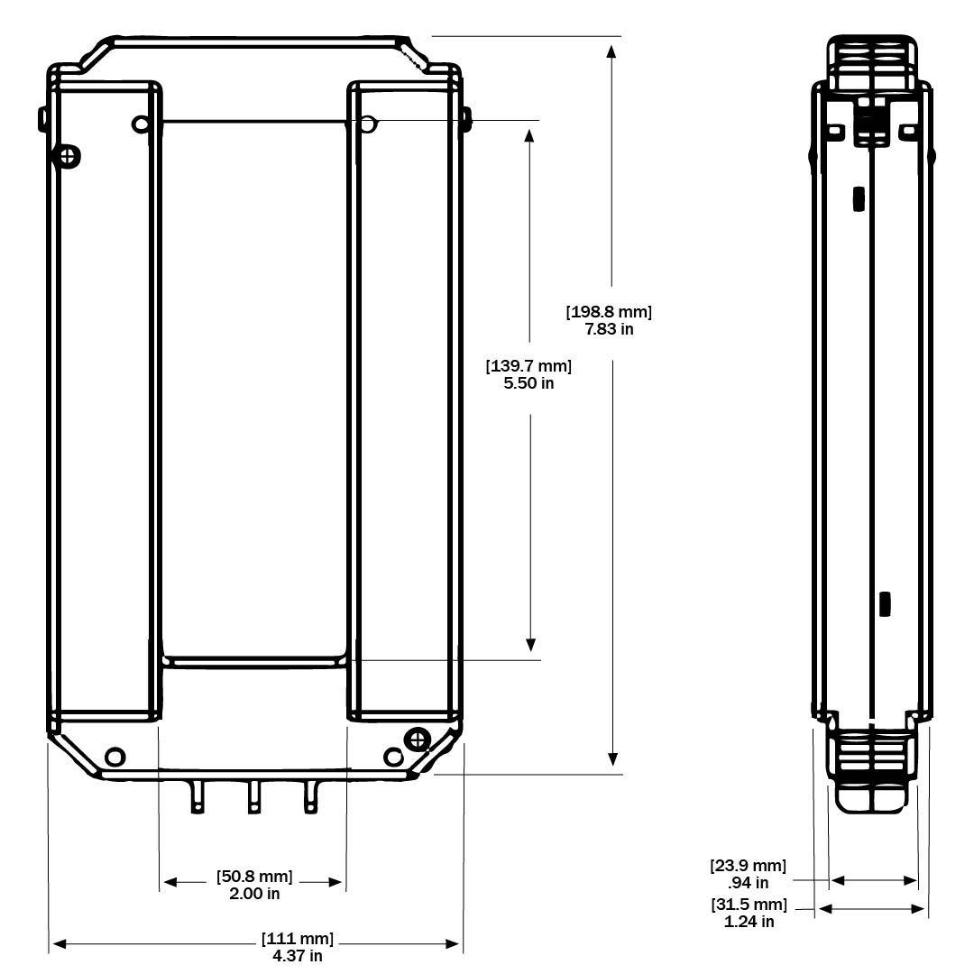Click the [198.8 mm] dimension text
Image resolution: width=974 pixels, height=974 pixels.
point(609,312)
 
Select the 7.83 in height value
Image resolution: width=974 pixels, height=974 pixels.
point(609,329)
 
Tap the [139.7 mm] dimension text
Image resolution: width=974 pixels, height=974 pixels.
point(529,366)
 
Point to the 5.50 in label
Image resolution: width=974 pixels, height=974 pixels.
point(528,383)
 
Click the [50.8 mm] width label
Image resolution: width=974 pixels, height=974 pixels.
point(254,877)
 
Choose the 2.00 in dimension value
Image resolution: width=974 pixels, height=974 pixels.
point(254,894)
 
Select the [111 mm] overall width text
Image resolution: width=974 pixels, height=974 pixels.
point(298,939)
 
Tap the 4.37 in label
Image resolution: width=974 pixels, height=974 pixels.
point(298,956)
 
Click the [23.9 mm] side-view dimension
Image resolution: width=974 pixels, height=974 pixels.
point(749,867)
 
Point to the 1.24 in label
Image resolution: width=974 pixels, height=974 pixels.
point(749,922)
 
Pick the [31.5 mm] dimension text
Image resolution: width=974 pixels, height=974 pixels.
point(749,905)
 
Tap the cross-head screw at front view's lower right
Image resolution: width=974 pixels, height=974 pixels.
point(417,740)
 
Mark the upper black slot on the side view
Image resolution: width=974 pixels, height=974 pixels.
point(859,198)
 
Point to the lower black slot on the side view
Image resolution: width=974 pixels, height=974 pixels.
point(885,603)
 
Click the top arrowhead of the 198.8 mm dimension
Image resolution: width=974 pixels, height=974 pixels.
point(612,50)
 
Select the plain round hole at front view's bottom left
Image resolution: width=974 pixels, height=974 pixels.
point(115,756)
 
